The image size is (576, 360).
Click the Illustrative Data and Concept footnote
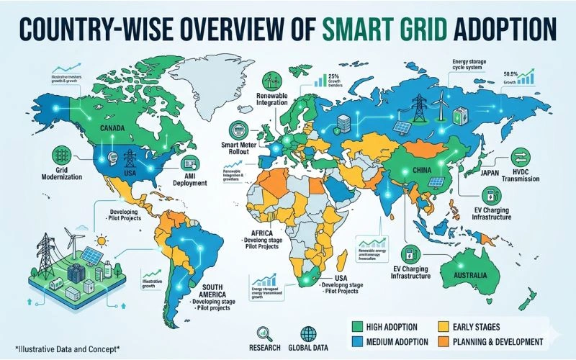60,349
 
